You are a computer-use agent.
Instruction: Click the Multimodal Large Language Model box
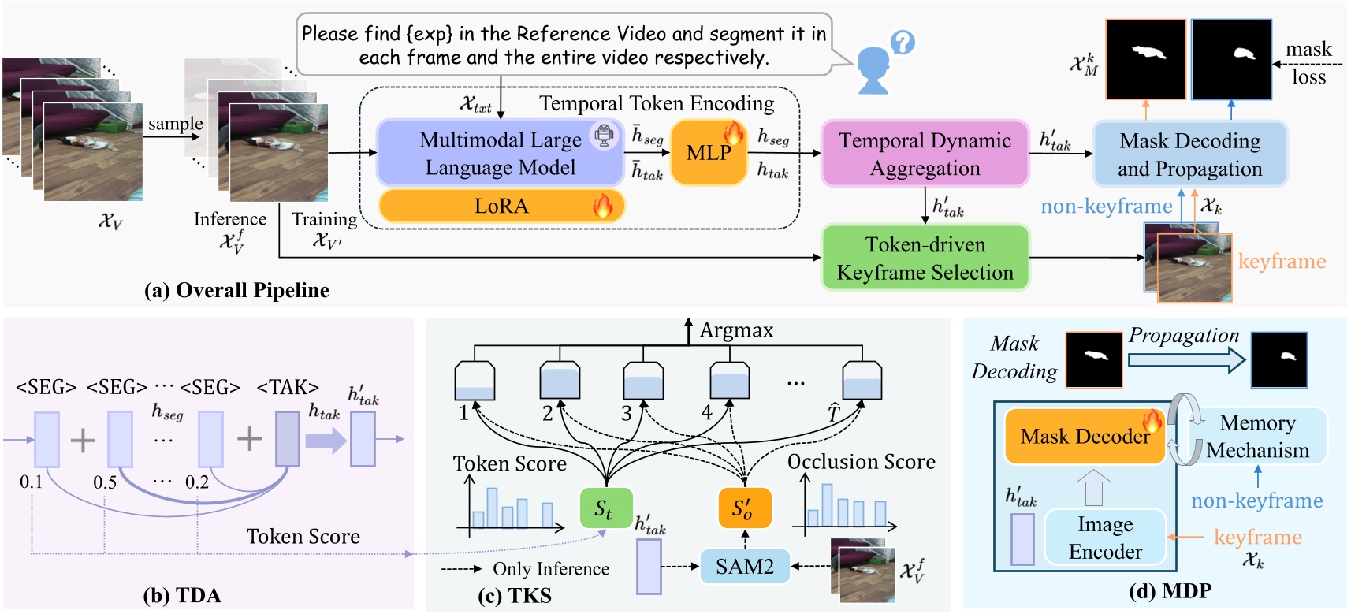click(500, 153)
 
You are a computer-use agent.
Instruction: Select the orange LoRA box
click(501, 206)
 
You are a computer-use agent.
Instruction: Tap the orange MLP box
click(709, 153)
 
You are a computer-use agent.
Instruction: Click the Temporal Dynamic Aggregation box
click(925, 154)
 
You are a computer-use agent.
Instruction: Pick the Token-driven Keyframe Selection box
click(925, 258)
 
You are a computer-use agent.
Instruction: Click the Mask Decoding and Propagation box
click(1189, 154)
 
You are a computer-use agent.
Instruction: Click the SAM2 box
click(745, 566)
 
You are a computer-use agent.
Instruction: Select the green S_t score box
click(605, 508)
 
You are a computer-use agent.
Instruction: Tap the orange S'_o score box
click(744, 508)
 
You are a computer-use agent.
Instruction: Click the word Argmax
click(736, 330)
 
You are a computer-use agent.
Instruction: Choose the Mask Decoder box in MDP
click(1085, 436)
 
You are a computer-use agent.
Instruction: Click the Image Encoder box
click(1105, 538)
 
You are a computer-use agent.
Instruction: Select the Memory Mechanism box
click(1257, 436)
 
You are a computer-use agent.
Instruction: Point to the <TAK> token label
click(288, 387)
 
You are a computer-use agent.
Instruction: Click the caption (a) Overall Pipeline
click(236, 290)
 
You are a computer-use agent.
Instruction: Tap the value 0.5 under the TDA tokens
click(105, 482)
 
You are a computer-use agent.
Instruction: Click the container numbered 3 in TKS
click(643, 381)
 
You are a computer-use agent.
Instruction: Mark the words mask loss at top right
click(1308, 63)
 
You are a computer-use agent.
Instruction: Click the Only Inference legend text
click(550, 569)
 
